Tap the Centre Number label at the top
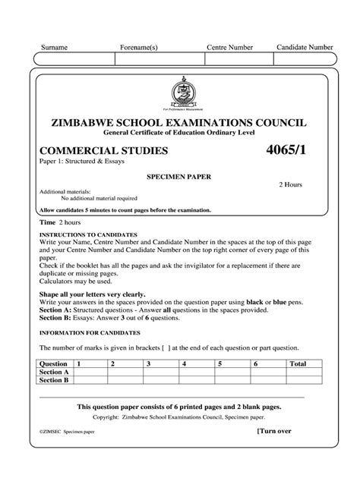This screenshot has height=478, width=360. (x=229, y=48)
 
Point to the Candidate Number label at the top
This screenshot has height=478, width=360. (x=305, y=47)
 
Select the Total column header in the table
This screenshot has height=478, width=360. (x=298, y=364)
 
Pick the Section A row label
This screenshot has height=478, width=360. (x=54, y=373)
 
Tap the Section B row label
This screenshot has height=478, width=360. (x=54, y=381)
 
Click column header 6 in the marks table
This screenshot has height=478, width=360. (x=257, y=364)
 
